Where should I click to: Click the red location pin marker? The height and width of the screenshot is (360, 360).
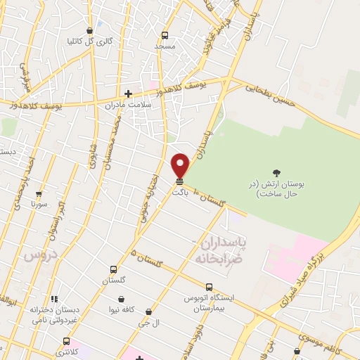(180, 165)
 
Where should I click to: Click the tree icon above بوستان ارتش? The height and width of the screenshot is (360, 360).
(276, 173)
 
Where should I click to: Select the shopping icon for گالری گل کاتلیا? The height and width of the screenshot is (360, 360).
(89, 30)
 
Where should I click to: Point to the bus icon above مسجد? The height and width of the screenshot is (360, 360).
(165, 35)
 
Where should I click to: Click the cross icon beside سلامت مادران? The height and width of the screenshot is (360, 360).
(128, 94)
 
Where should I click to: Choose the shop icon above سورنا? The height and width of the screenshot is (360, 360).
(39, 193)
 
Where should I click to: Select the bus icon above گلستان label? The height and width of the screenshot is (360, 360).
(114, 269)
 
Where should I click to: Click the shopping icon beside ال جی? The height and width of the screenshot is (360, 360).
(148, 311)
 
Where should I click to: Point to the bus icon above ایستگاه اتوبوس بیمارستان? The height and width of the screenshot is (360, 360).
(209, 287)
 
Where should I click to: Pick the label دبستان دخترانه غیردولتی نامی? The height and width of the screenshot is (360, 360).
(54, 314)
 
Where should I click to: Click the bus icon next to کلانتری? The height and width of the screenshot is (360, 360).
(66, 341)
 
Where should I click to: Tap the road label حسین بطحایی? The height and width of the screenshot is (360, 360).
(267, 92)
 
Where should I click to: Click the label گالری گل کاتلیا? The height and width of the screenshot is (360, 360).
(94, 41)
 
